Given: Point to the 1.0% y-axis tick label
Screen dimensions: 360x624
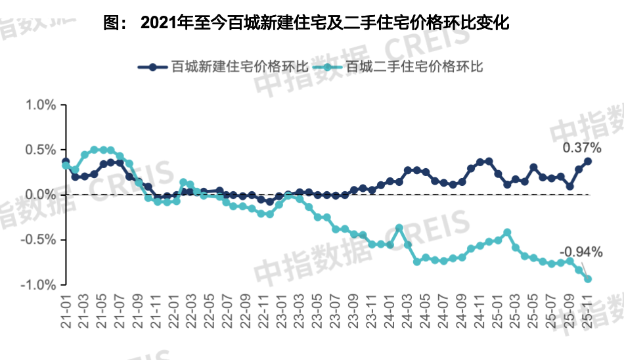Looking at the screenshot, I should (41, 105).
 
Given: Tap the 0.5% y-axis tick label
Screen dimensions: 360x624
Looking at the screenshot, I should (41, 150).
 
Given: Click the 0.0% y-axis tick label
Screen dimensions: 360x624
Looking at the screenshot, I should (41, 194).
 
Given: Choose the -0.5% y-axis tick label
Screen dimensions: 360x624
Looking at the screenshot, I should (39, 240).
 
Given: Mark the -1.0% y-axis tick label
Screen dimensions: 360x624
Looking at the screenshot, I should (39, 284).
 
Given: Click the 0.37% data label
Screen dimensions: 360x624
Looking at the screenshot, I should (582, 147).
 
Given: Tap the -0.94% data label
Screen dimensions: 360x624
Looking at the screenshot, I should (581, 252).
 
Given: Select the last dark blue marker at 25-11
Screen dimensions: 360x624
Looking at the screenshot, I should (588, 161).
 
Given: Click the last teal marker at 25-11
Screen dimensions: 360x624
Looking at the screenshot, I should (588, 279).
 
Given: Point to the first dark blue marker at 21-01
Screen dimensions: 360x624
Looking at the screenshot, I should (66, 161).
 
